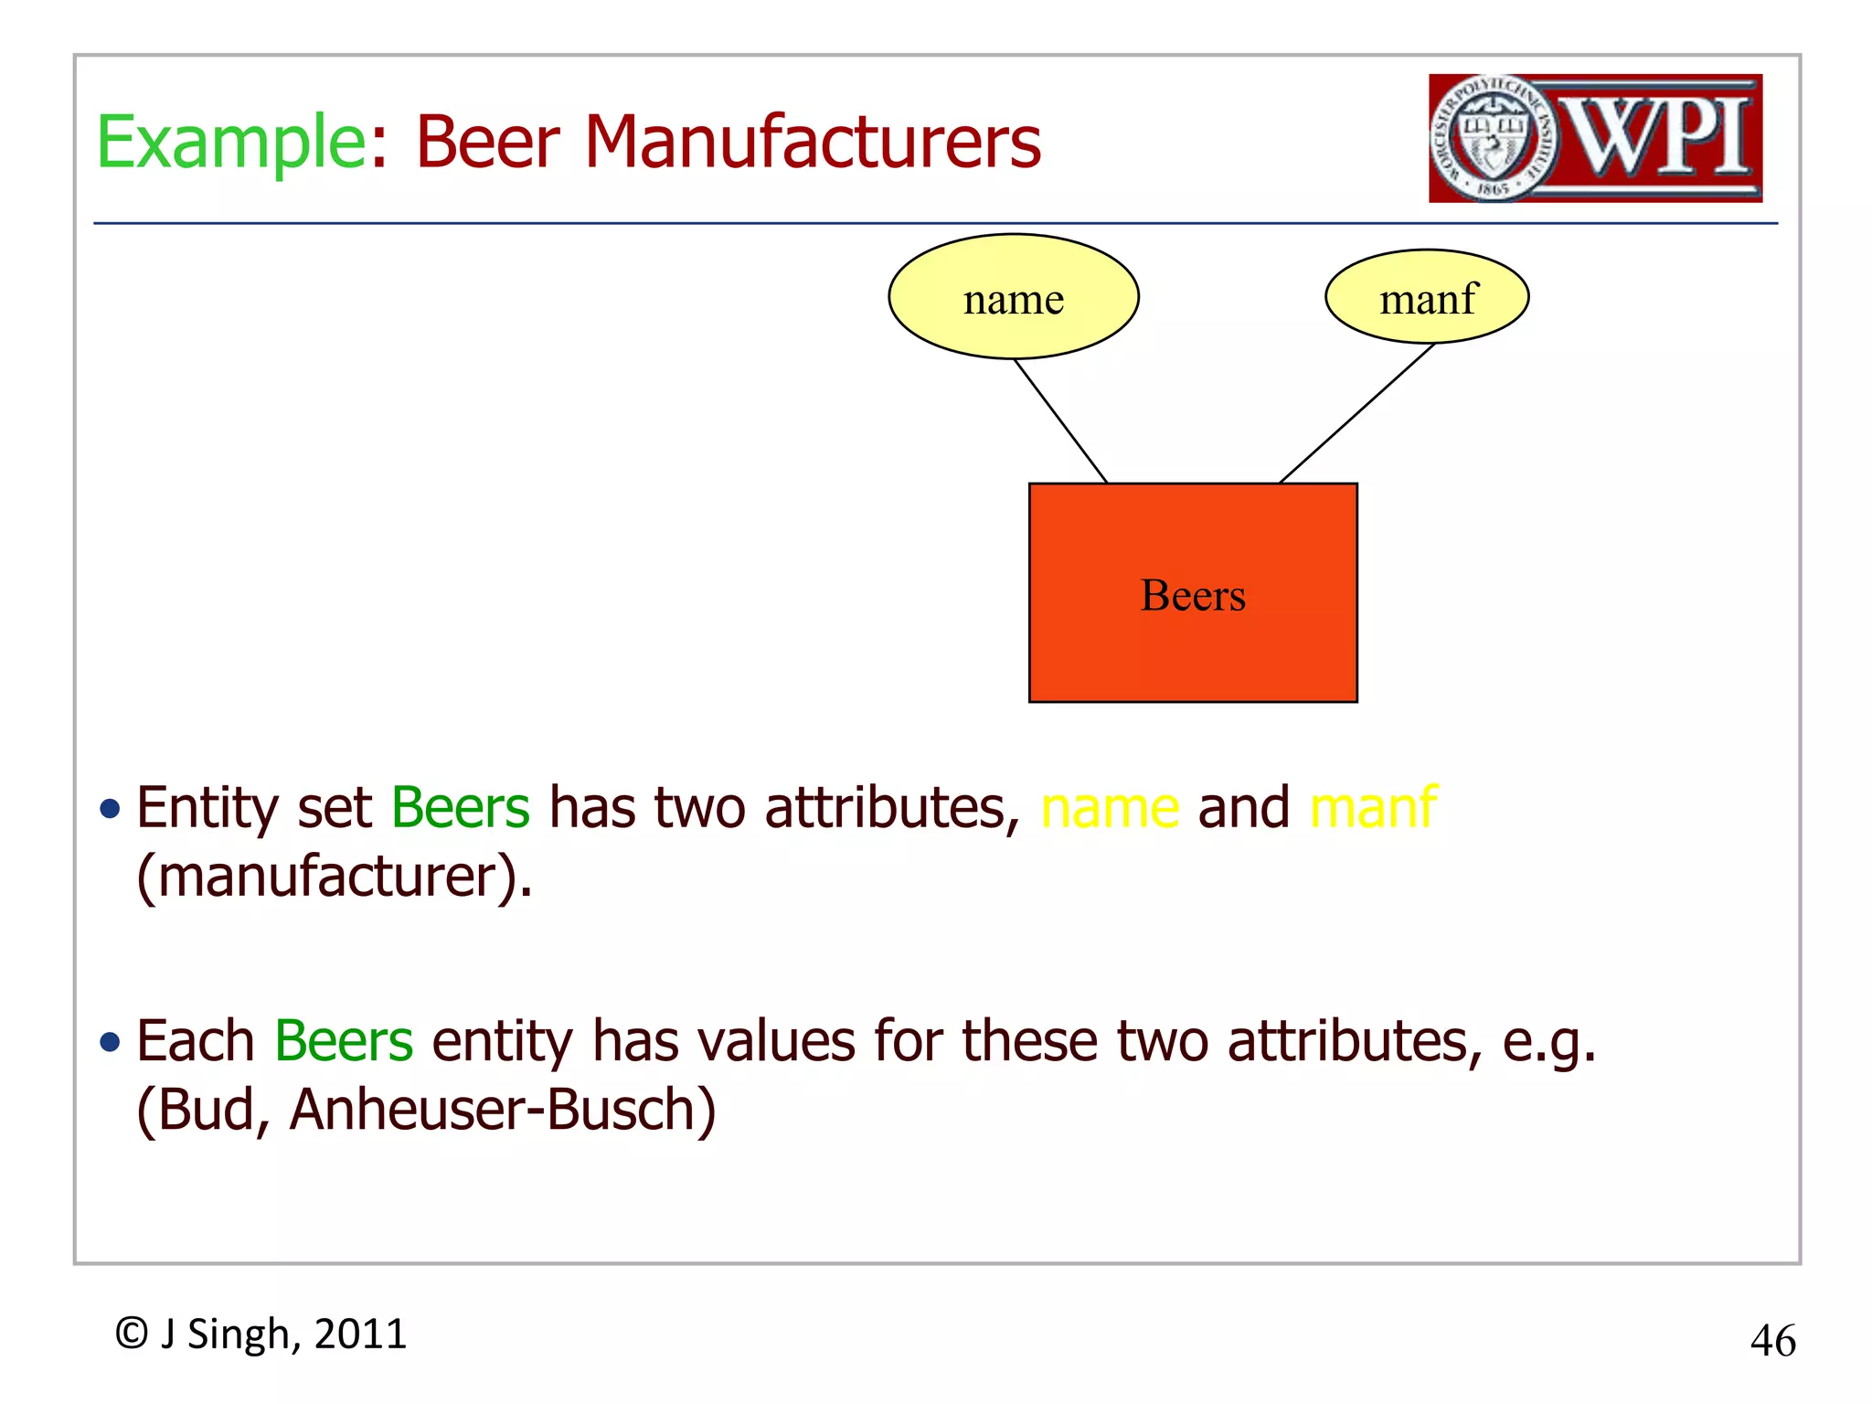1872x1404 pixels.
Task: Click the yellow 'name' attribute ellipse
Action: pos(1013,297)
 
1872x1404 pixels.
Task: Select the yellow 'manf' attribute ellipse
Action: pos(1427,297)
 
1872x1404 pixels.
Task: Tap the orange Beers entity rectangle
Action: pos(1193,640)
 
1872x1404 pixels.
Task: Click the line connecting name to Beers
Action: pos(1060,420)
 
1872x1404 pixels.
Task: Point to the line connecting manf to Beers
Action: pos(1356,413)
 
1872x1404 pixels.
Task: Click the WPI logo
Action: pos(1595,138)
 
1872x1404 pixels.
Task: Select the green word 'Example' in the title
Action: pos(231,143)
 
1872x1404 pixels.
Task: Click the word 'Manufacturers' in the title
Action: pos(813,143)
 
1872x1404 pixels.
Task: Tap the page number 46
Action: pos(1772,1341)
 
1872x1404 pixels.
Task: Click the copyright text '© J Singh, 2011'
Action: pos(261,1334)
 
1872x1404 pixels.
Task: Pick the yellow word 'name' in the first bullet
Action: pos(1110,808)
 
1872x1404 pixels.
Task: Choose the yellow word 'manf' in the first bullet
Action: pos(1373,808)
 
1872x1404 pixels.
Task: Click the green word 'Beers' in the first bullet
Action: pos(460,808)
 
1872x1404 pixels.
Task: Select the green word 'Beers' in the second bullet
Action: pos(344,1041)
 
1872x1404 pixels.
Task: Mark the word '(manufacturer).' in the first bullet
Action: pos(335,877)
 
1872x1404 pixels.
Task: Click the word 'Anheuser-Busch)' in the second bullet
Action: pos(503,1110)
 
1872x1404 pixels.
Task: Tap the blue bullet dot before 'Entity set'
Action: pos(111,809)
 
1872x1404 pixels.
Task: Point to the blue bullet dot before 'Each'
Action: pos(111,1042)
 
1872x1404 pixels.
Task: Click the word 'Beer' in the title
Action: pos(487,143)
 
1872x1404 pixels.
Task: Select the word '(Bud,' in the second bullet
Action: pos(203,1110)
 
